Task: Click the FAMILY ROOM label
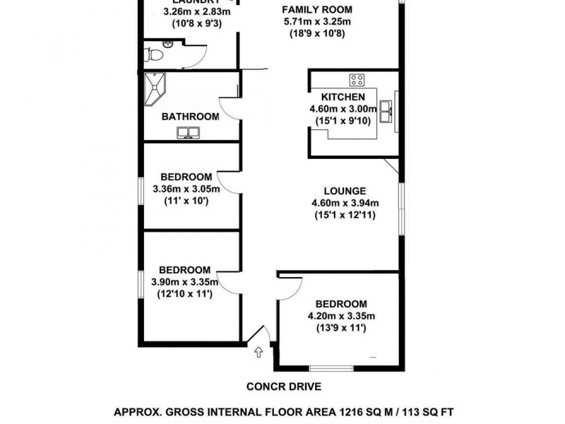316,10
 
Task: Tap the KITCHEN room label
343,97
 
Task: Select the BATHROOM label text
190,117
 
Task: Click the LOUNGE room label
345,191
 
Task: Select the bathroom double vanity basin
189,132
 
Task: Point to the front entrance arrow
258,351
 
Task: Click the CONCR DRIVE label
284,387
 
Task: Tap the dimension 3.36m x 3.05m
186,189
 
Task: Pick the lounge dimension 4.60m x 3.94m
344,204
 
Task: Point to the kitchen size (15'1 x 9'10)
343,122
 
